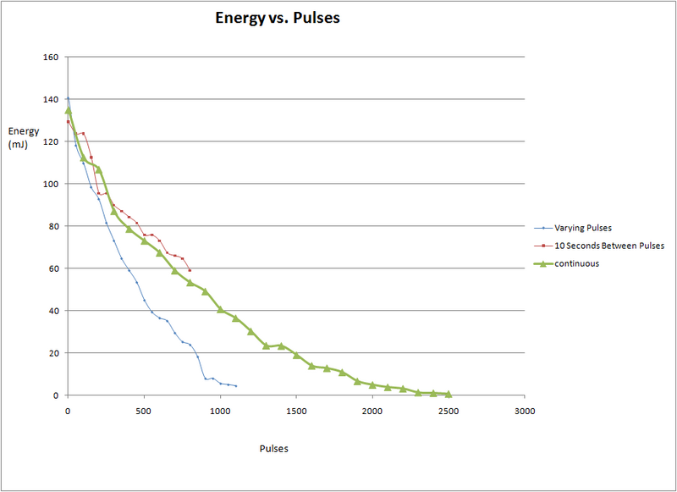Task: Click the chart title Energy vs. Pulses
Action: coord(278,19)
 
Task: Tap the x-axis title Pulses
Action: coord(273,449)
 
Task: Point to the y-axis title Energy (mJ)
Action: coord(21,136)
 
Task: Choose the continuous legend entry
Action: coord(578,263)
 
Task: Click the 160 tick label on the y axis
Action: coord(51,58)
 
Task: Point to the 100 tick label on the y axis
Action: coord(51,184)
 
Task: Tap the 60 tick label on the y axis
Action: coord(53,268)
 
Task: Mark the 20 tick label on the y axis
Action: coord(53,353)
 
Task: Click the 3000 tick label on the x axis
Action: coord(525,411)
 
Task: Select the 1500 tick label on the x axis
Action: coord(296,411)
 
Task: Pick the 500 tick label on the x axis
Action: coord(144,411)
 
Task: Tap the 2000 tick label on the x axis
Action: coord(372,411)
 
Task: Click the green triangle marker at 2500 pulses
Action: coord(449,394)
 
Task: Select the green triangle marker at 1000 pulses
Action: coord(220,309)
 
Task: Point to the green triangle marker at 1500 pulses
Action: coord(296,355)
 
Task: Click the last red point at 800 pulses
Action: coord(190,270)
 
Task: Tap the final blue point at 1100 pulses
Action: coord(235,386)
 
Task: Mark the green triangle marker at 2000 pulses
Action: coord(372,384)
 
